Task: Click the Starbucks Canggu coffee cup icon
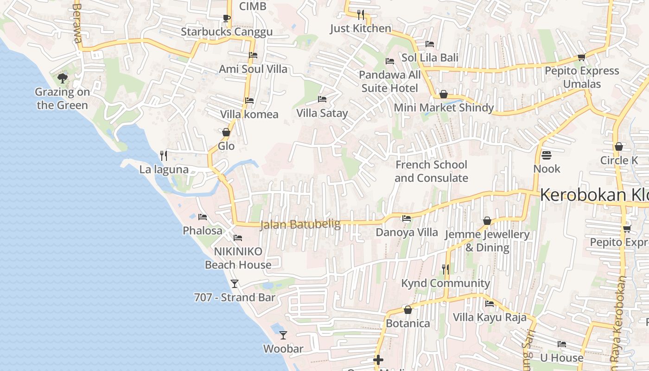pyautogui.click(x=226, y=18)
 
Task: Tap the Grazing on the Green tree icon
pyautogui.click(x=62, y=78)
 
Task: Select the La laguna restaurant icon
pyautogui.click(x=163, y=155)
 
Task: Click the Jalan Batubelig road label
pyautogui.click(x=300, y=224)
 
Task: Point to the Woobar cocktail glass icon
pyautogui.click(x=283, y=335)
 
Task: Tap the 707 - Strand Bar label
pyautogui.click(x=235, y=297)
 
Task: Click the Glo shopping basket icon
pyautogui.click(x=226, y=132)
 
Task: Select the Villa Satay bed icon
pyautogui.click(x=322, y=99)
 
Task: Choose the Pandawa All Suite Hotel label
pyautogui.click(x=390, y=81)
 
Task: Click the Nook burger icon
pyautogui.click(x=547, y=155)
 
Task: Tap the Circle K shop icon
pyautogui.click(x=619, y=147)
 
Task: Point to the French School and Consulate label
pyautogui.click(x=431, y=171)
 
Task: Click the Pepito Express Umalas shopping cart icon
pyautogui.click(x=582, y=57)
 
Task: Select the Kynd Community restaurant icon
pyautogui.click(x=445, y=269)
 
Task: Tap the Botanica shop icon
pyautogui.click(x=408, y=310)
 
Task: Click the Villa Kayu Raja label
pyautogui.click(x=490, y=317)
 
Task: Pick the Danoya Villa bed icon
pyautogui.click(x=407, y=218)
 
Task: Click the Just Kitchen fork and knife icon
pyautogui.click(x=361, y=14)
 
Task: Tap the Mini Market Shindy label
pyautogui.click(x=444, y=108)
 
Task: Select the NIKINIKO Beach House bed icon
pyautogui.click(x=238, y=238)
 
